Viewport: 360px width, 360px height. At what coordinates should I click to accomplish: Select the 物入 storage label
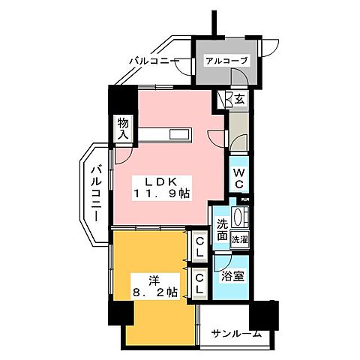pos(122,128)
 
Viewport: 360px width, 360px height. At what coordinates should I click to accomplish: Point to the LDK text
pos(160,181)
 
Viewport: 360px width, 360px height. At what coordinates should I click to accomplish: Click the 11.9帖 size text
pos(161,195)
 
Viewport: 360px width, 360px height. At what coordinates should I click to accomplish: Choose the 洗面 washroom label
pos(222,229)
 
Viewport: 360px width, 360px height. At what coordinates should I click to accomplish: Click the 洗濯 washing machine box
pos(240,240)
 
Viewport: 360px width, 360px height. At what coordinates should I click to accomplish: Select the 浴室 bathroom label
pos(232,275)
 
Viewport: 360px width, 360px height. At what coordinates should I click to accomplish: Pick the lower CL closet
pos(199,283)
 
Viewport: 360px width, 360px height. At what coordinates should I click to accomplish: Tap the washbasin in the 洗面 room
pos(240,219)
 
